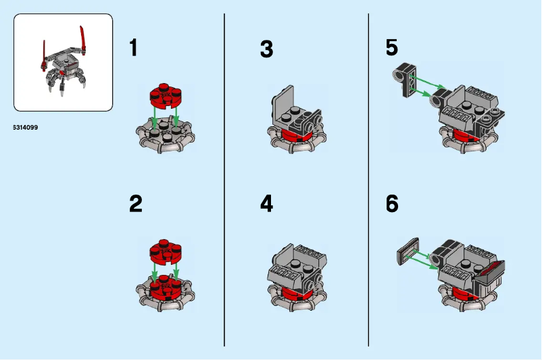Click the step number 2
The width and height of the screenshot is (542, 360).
point(136,204)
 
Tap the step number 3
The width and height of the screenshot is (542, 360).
point(266,49)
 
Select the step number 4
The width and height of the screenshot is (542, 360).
point(266,204)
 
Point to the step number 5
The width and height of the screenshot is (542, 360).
point(392,47)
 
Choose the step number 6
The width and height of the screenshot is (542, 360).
point(392,204)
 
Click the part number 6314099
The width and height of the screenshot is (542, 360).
point(26,127)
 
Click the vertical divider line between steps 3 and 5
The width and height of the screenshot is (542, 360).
point(368,180)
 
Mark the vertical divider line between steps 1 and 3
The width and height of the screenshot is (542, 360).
point(224,180)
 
